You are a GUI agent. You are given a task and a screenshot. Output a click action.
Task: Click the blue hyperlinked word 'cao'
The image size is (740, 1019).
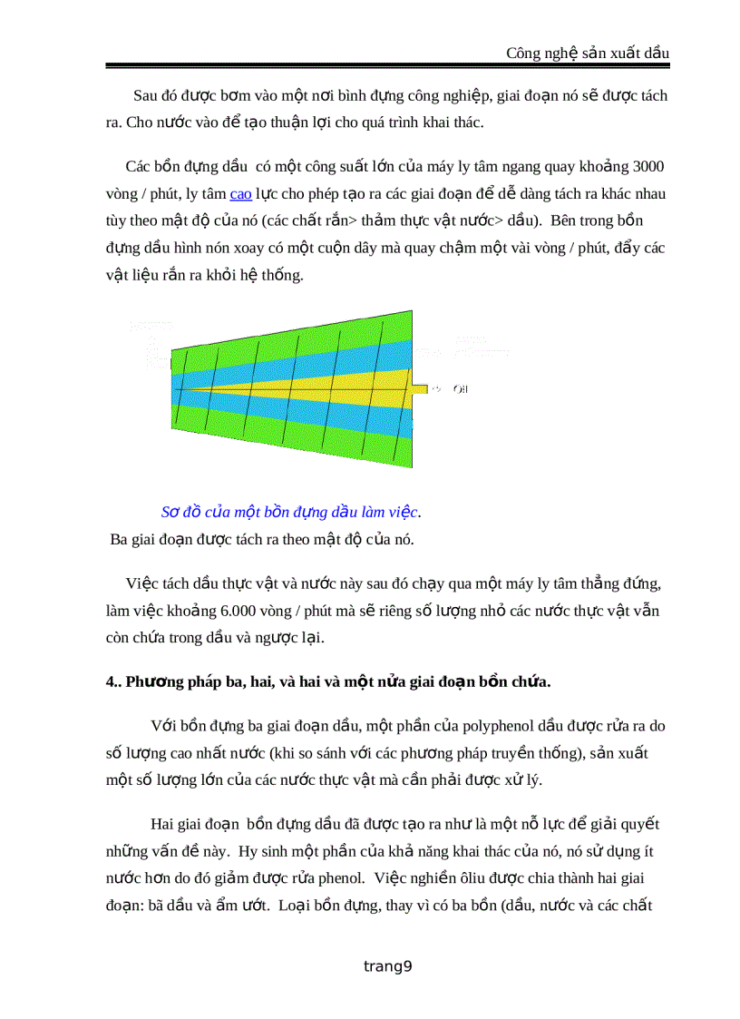[x=240, y=193]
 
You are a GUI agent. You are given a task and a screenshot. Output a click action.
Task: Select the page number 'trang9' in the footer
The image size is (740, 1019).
[x=387, y=966]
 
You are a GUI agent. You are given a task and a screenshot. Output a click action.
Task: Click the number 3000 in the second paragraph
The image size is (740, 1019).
[x=646, y=166]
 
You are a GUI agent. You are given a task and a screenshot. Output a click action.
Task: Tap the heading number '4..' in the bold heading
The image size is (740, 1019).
[x=113, y=681]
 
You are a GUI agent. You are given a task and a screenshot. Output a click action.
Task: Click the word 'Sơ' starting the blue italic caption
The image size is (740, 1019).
[x=170, y=512]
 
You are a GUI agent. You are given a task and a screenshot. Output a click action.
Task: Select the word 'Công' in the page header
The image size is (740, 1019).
[x=524, y=54]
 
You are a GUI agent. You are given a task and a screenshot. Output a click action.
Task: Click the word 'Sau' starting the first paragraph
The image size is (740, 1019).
[x=145, y=95]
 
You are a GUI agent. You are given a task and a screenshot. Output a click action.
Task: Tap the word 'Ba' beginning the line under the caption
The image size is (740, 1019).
[x=119, y=539]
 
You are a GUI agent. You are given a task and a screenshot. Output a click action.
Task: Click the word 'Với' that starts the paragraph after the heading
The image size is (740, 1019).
[x=162, y=726]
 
